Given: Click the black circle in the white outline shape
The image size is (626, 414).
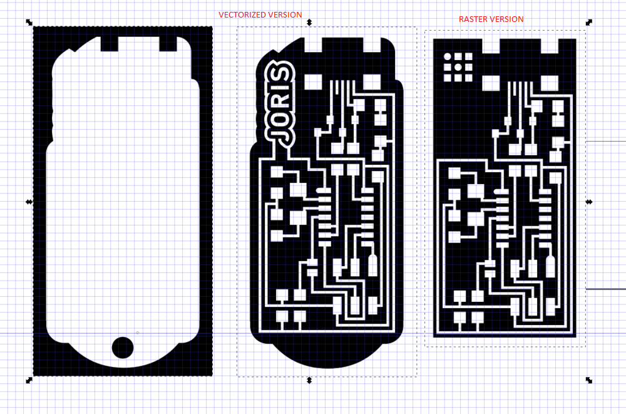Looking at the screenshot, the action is [x=123, y=347].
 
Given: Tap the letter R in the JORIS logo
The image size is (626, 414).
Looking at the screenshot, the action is [x=281, y=98].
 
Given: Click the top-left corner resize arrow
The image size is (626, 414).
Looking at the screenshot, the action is [x=29, y=23].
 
